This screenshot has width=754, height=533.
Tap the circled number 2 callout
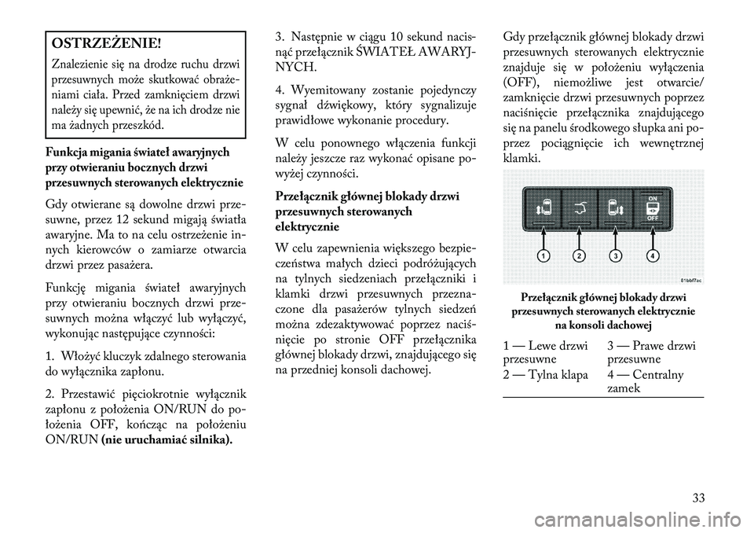579,256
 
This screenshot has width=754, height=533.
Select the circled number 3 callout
617,256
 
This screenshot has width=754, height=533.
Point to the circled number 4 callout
653,256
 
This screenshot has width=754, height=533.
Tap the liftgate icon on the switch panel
579,208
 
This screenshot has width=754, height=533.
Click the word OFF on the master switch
652,221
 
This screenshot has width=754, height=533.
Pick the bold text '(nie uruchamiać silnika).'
167,439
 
